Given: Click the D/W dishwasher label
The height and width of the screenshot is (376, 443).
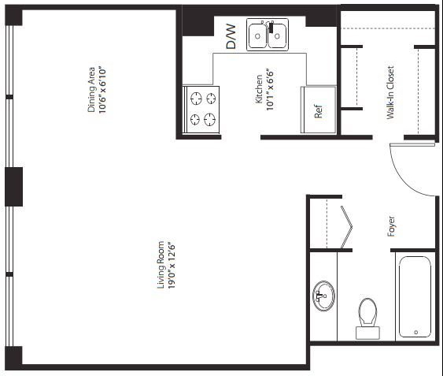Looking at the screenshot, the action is click(231, 36).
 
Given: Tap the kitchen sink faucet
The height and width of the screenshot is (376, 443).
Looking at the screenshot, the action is click(271, 26).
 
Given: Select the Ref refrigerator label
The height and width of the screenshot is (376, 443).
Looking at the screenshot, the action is click(318, 111).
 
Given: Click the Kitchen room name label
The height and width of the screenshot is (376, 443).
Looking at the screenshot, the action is click(259, 89).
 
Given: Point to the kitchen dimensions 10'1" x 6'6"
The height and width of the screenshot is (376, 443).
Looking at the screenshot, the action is click(270, 89).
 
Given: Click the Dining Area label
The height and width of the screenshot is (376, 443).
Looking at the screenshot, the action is click(91, 90).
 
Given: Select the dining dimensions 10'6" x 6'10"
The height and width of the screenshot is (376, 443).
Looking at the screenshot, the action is click(102, 90).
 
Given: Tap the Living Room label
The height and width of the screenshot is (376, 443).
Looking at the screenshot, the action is click(161, 265).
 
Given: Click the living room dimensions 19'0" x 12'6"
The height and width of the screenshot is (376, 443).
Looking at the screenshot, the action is click(172, 265).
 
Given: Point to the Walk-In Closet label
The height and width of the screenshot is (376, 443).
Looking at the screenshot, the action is click(390, 92).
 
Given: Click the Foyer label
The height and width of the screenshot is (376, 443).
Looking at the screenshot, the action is click(391, 226).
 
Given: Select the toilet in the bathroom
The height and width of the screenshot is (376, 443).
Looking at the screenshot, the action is click(367, 318).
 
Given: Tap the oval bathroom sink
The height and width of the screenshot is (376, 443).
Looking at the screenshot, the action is click(323, 296).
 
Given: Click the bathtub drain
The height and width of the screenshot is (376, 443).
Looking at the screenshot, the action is click(416, 332).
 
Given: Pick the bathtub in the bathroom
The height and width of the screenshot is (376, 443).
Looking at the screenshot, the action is click(415, 296).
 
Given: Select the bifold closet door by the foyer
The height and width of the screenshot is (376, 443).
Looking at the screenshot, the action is click(347, 227).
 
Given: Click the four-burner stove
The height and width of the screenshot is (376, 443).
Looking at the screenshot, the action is click(201, 110).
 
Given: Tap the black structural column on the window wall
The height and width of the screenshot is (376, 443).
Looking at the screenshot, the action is click(14, 187).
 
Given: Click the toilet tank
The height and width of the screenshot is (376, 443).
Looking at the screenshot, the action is click(367, 333).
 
